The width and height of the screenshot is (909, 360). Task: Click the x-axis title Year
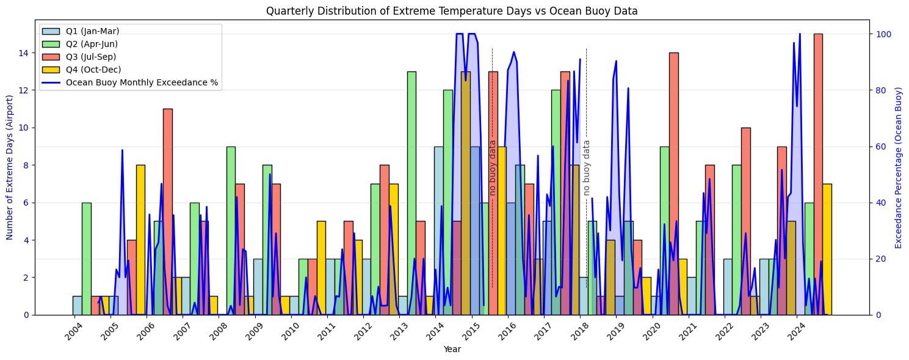[x=452, y=350]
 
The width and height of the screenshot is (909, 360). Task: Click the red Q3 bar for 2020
[x=673, y=183]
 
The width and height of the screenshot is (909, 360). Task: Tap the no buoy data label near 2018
[x=587, y=168]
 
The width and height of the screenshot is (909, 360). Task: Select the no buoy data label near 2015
[x=493, y=168]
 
